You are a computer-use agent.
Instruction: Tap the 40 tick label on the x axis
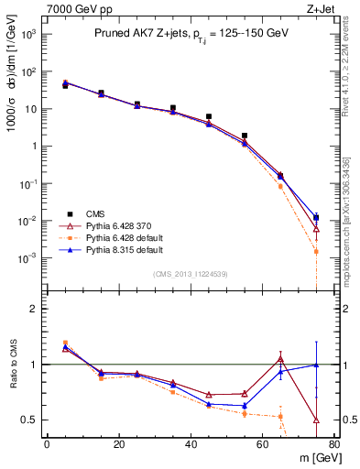tap(191, 444)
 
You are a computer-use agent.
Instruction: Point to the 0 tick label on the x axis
tap(47, 444)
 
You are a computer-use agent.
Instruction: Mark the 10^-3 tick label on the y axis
tap(27, 258)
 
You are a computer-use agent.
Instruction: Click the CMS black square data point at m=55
tap(245, 136)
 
